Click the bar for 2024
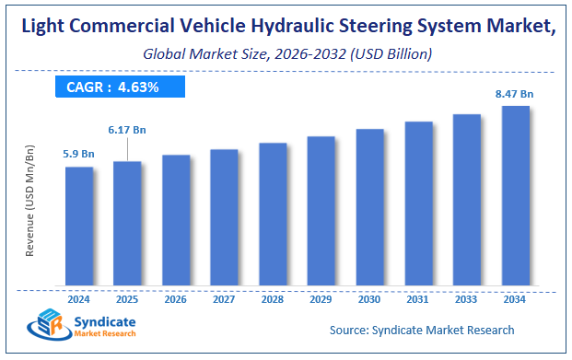pos(78,226)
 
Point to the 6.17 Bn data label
pos(127,131)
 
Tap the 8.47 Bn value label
pos(515,92)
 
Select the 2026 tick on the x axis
pos(176,298)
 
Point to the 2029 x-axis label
pos(321,298)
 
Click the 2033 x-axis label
pos(466,298)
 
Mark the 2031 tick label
pos(418,298)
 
